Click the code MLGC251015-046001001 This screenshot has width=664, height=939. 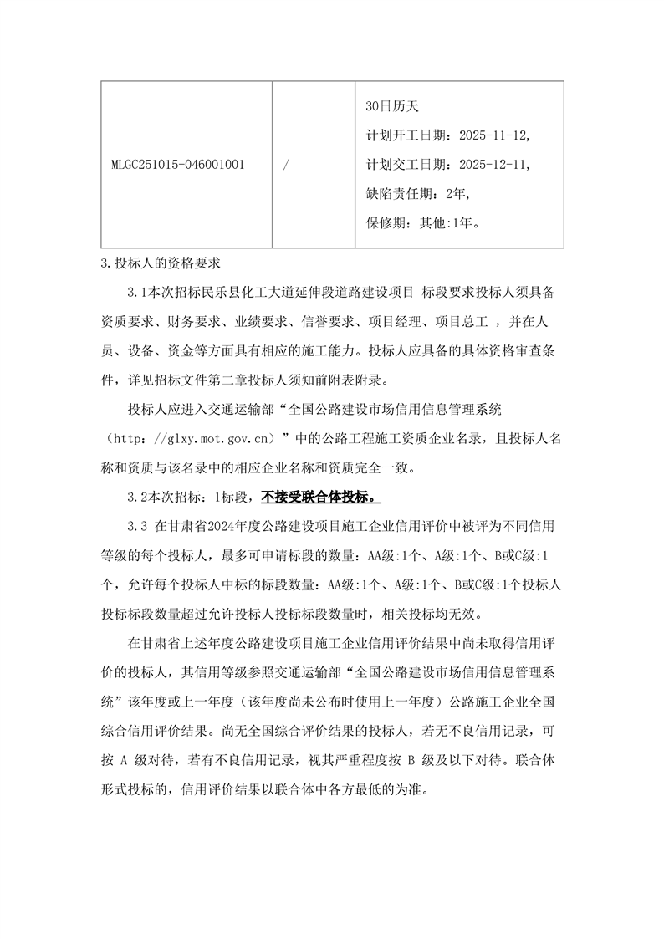(177, 164)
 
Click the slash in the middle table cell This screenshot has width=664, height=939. (286, 164)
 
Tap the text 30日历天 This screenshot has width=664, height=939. (391, 106)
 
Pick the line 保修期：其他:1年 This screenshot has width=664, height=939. (422, 222)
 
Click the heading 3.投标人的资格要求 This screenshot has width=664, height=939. (159, 264)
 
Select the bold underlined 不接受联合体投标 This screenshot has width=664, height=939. (320, 496)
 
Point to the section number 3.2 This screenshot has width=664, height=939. (138, 496)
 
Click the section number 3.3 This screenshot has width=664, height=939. (138, 527)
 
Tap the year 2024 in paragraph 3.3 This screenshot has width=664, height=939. (222, 527)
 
